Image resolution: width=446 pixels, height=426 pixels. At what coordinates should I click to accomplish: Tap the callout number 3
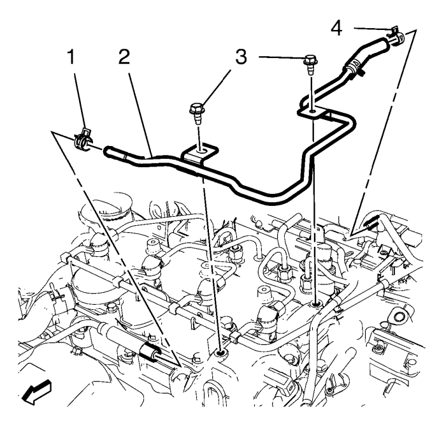(241, 56)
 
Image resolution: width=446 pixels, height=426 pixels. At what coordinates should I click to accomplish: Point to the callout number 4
(337, 29)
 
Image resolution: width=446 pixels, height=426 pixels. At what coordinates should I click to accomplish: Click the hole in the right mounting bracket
(312, 111)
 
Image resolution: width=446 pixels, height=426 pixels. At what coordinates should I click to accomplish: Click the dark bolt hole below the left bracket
(220, 354)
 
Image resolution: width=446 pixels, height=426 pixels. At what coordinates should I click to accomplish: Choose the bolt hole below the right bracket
(315, 305)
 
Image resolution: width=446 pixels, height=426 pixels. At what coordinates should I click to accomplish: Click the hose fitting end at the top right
(399, 38)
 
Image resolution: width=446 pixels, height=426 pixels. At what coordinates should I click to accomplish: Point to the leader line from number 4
(372, 29)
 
